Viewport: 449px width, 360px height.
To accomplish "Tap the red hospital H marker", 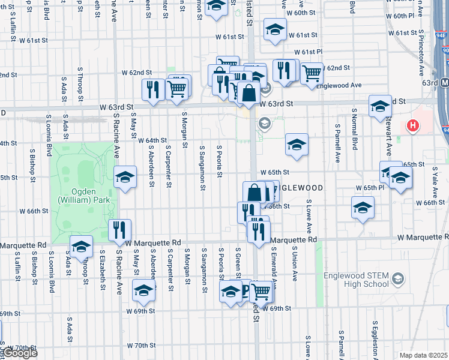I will pos(412,126).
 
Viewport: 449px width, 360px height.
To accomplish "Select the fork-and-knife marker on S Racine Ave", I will pos(119,230).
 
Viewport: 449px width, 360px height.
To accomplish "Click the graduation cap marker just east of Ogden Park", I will pos(125,178).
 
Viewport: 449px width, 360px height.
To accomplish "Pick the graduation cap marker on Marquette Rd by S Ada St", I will pos(81,246).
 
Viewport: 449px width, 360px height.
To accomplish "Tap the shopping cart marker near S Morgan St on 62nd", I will pos(178,88).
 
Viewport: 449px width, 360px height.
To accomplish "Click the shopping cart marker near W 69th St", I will pos(261,292).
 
